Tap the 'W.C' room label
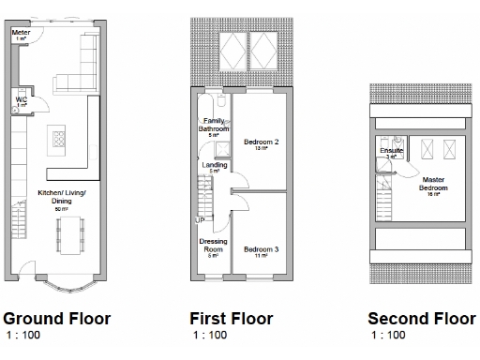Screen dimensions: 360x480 pos(20,97)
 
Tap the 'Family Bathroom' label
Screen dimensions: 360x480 pos(213,125)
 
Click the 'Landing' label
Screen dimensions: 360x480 pos(213,166)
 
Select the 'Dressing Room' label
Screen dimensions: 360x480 pos(213,246)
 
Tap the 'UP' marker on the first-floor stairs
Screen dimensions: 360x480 pos(199,220)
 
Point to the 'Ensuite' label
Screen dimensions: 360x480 pos(392,150)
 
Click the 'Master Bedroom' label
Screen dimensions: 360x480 pos(433,184)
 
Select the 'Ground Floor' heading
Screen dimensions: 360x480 pos(57,319)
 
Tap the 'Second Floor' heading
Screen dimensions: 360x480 pos(421,319)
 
